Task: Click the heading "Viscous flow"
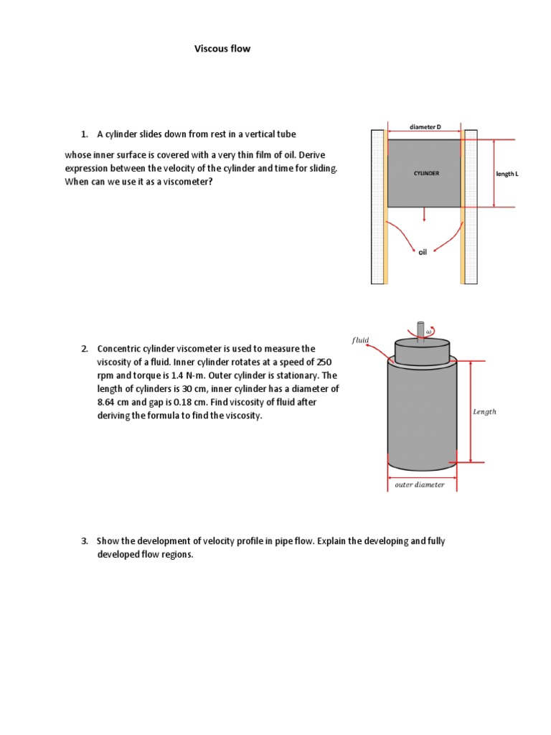pos(222,49)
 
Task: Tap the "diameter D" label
pos(425,127)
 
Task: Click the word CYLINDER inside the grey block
pos(426,174)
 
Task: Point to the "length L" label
pos(507,174)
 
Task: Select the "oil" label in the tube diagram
pos(423,252)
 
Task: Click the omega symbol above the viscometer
pos(429,332)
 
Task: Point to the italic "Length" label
pos(484,412)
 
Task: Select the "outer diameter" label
pos(420,484)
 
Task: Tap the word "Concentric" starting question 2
pos(118,349)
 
